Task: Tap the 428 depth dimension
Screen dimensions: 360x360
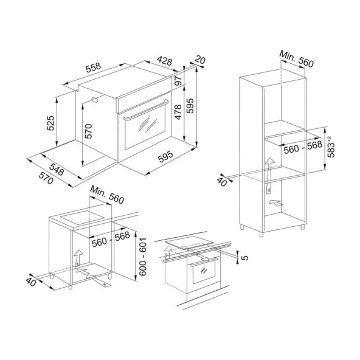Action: [164, 61]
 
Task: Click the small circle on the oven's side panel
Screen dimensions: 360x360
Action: [95, 99]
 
